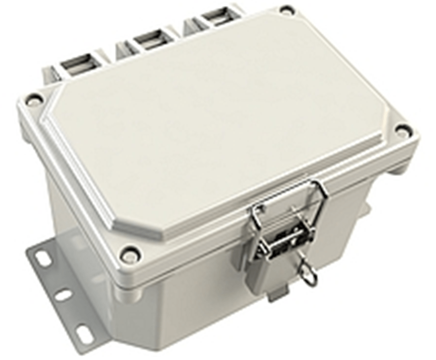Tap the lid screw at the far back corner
click(287, 10)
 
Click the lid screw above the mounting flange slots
click(129, 255)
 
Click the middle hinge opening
click(149, 38)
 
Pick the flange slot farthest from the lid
click(83, 334)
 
